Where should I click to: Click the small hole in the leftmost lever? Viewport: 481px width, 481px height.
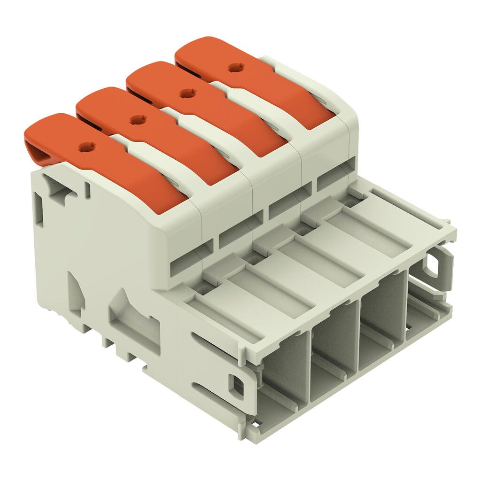(86, 147)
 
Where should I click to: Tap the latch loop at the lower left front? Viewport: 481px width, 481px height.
(236, 384)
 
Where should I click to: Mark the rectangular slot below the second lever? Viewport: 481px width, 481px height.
(235, 233)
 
